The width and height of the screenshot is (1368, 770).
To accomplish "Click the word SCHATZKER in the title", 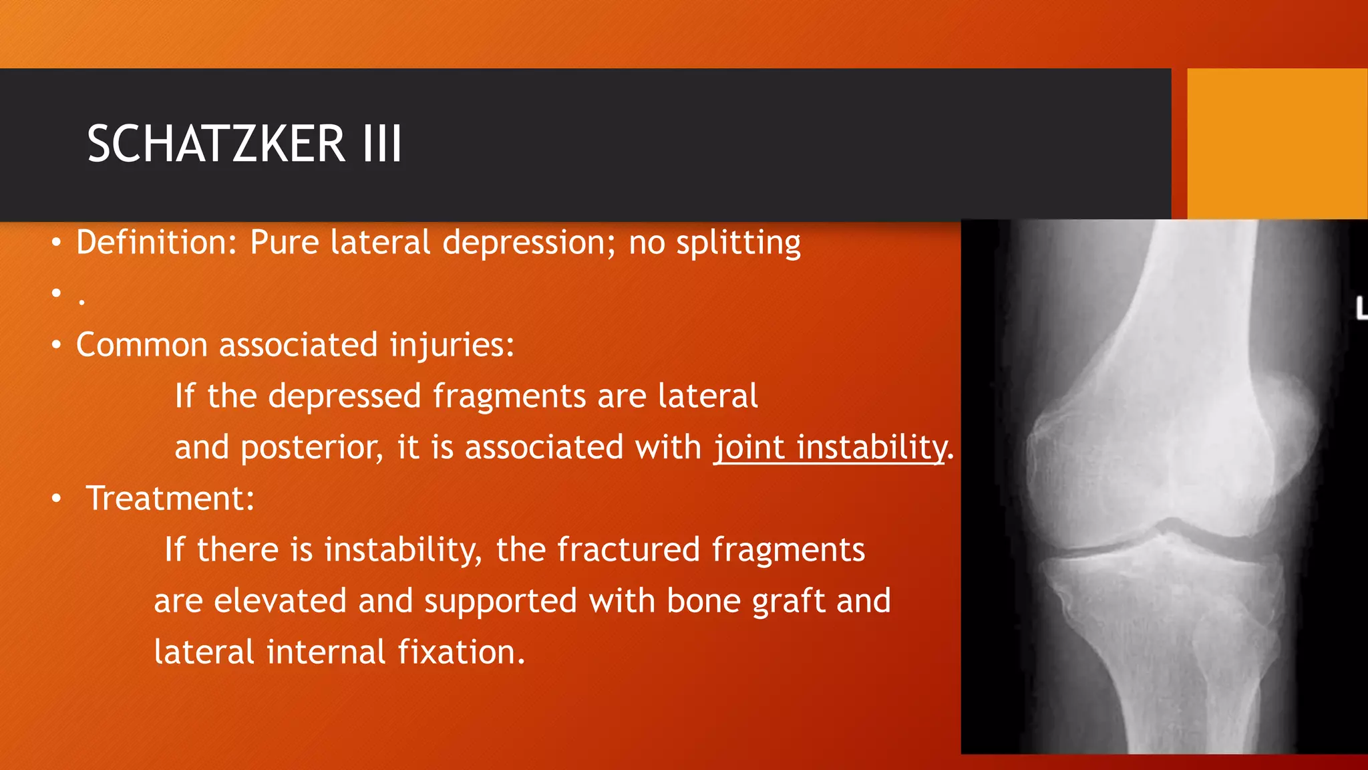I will click(216, 144).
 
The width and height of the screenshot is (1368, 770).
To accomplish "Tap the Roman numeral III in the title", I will click(382, 144).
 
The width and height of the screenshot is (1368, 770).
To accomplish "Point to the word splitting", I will click(738, 243).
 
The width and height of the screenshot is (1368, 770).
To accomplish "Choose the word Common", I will click(142, 345).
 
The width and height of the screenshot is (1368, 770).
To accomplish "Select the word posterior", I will click(312, 448).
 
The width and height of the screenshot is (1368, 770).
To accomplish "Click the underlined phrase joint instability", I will click(830, 447).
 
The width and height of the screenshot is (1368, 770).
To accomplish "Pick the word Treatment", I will click(170, 499).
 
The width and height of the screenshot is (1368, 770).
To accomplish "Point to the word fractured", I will click(628, 550).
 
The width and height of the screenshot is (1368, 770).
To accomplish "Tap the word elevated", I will click(280, 601).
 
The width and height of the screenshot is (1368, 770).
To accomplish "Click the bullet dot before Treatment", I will click(57, 499).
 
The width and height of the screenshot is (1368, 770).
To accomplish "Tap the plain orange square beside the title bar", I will click(1276, 143).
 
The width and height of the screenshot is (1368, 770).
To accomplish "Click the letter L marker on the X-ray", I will click(1361, 308).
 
